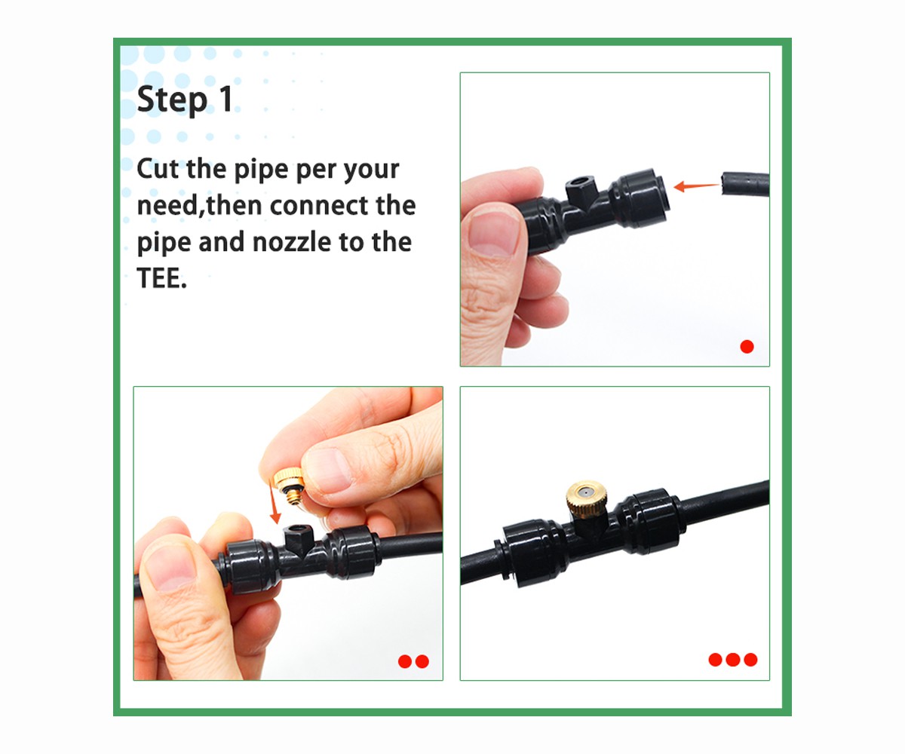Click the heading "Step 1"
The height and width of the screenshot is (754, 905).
click(186, 100)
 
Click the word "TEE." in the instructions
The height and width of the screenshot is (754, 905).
click(162, 278)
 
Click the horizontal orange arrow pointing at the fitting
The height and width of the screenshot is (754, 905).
click(695, 185)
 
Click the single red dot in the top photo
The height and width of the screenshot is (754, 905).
click(747, 347)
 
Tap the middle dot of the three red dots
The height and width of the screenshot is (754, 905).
click(732, 660)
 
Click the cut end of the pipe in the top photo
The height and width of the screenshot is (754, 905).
click(726, 183)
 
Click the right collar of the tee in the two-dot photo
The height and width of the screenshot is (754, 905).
click(352, 553)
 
